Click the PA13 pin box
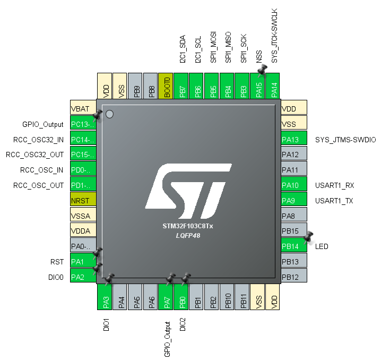294,140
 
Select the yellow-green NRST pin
83,201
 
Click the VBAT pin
83,108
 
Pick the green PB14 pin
294,246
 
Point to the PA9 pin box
294,201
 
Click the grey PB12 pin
294,277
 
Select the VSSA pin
83,216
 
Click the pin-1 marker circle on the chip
110,114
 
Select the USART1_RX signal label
334,185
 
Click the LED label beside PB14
322,246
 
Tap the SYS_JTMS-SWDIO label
345,140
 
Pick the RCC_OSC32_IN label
39,140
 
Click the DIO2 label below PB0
182,324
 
